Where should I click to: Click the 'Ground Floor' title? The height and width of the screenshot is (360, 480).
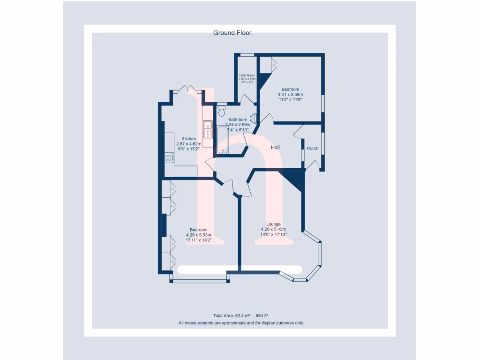[x=232, y=33]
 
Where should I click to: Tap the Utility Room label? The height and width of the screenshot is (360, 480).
[x=247, y=75]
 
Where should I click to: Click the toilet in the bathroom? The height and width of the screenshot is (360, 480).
[x=222, y=111]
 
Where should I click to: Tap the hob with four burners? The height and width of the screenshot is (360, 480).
[x=169, y=158]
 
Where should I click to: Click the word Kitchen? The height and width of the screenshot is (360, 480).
[x=189, y=139]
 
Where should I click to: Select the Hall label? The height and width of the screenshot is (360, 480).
[x=275, y=148]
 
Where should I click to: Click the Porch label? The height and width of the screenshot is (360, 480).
[x=313, y=149]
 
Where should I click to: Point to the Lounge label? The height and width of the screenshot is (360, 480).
[x=273, y=224]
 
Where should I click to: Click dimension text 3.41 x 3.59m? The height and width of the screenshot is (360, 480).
[x=290, y=94]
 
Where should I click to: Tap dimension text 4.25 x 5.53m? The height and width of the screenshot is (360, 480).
[x=199, y=235]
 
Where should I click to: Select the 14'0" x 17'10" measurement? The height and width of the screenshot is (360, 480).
[x=273, y=234]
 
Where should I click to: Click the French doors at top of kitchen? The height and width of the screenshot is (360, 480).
[x=188, y=89]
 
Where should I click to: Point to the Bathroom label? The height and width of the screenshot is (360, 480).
[x=238, y=120]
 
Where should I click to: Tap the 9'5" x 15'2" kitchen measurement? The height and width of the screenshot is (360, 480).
[x=189, y=149]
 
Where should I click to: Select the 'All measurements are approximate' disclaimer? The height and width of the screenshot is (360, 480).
[x=241, y=322]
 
